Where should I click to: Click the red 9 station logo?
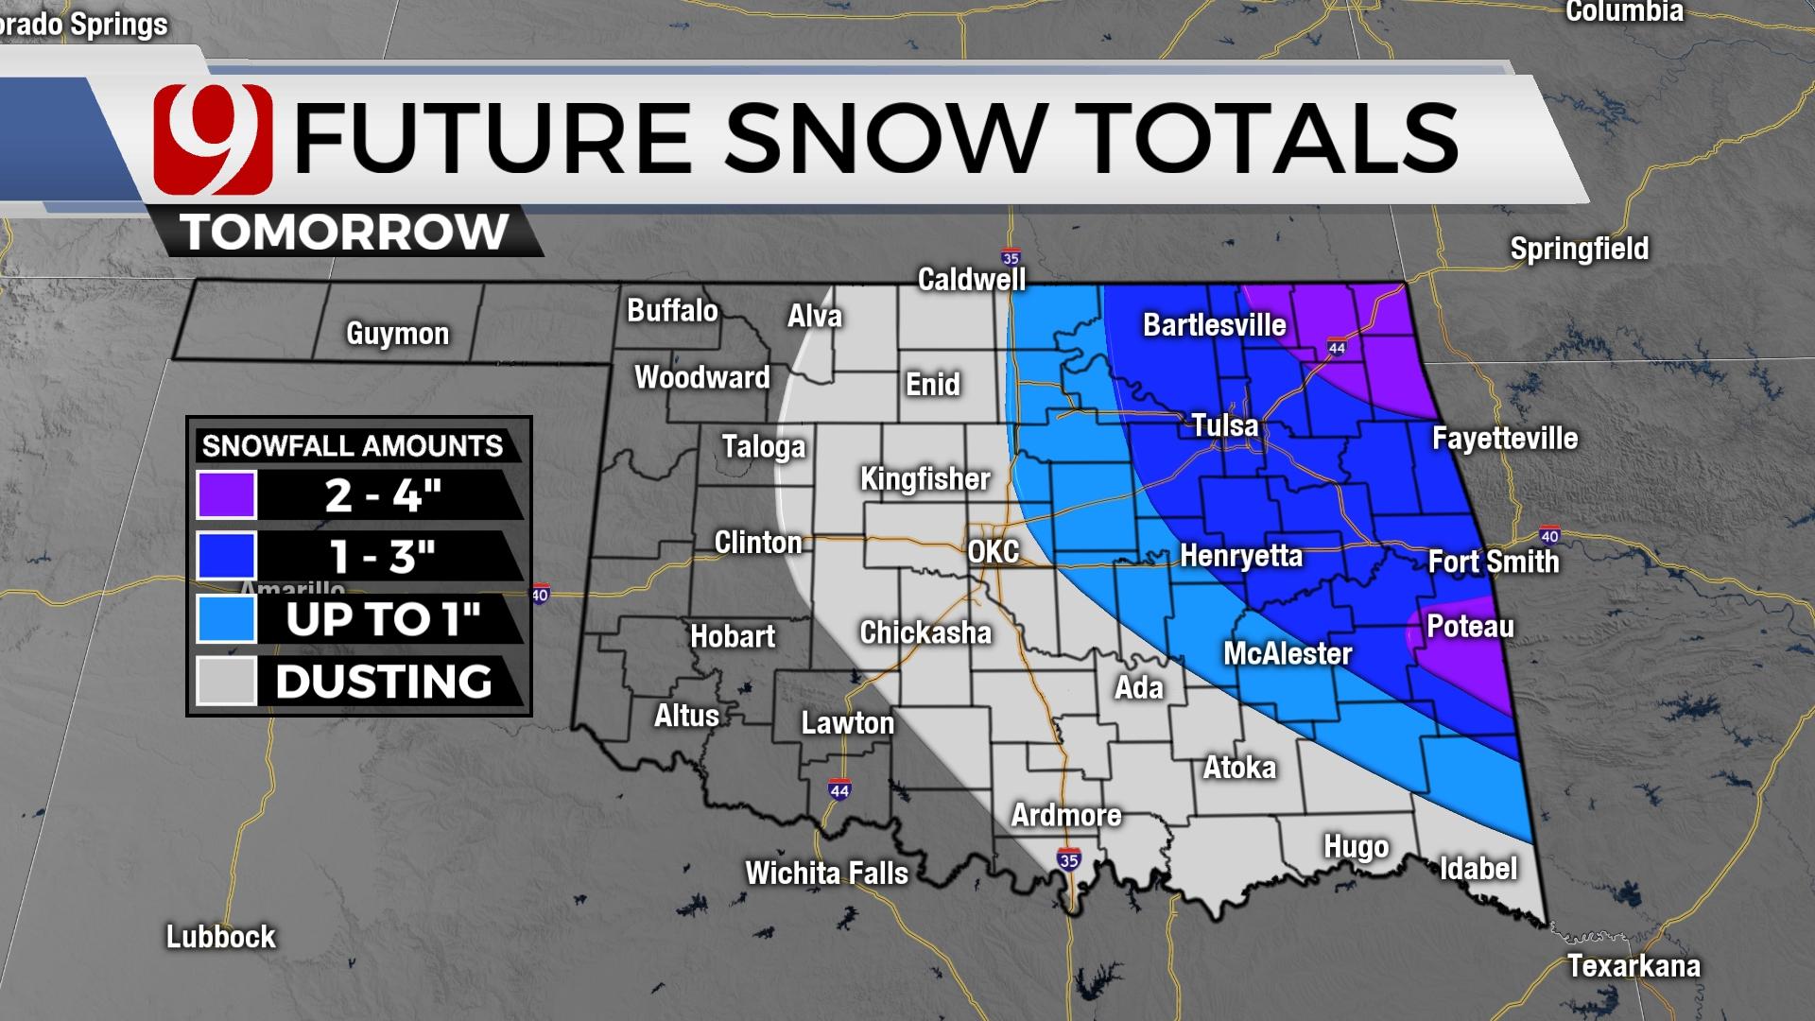pos(214,139)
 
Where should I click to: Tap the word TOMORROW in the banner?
pos(345,232)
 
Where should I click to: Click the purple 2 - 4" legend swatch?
pos(226,494)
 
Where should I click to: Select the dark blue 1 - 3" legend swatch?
pos(226,556)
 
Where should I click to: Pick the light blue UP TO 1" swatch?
pos(226,619)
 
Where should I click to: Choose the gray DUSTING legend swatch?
pos(226,681)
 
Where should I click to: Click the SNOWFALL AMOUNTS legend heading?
pos(353,446)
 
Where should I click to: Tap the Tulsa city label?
pos(1224,425)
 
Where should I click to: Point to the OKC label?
pos(994,552)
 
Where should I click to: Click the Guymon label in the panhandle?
pos(397,334)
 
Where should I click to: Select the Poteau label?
pos(1470,626)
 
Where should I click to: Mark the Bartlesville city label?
pos(1214,325)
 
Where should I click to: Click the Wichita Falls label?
pos(826,873)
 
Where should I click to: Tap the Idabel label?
pos(1478,868)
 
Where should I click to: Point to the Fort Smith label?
pos(1493,562)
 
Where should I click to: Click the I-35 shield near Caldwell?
pos(1011,257)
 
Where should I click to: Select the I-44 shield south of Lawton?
pos(838,789)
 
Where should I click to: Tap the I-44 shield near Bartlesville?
pos(1336,347)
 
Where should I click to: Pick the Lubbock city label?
pos(220,937)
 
